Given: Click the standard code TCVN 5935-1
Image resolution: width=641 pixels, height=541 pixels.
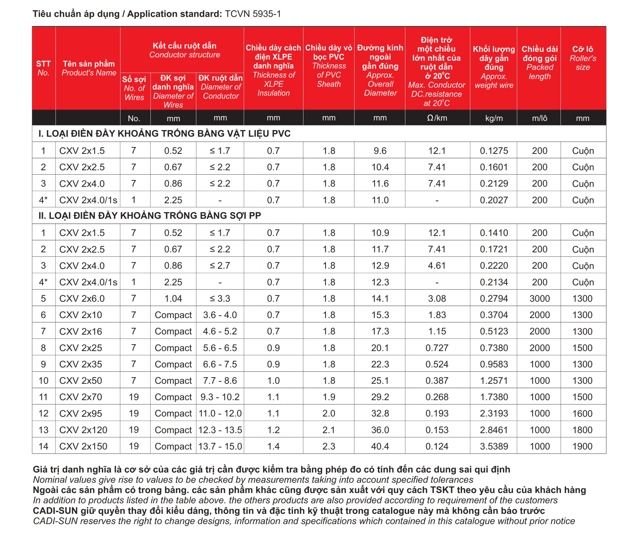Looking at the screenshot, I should click(252, 14).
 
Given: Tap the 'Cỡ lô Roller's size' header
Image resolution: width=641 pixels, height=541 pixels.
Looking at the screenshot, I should click(582, 58).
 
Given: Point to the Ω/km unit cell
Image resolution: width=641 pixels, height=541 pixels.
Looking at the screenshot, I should click(437, 118).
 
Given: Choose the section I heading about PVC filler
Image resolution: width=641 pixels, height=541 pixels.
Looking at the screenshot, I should click(164, 133).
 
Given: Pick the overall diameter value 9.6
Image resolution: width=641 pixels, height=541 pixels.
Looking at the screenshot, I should click(380, 151).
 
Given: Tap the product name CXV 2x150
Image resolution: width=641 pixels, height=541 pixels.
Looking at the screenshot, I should click(83, 446).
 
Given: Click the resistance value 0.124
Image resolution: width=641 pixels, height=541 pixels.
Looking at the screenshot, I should click(437, 446).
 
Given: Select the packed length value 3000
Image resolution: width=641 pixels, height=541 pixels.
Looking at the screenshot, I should click(539, 298).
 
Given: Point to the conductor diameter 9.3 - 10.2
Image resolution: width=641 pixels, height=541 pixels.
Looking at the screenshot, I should click(220, 397).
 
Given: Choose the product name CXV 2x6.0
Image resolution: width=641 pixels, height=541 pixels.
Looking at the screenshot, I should click(82, 298).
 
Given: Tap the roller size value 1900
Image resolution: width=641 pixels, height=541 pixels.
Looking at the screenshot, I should click(582, 446).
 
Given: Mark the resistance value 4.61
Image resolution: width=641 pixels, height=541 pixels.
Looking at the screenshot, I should click(437, 266).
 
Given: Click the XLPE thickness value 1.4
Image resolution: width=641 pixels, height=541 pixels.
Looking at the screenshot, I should click(273, 446).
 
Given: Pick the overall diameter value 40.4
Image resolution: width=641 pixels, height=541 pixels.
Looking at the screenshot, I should click(380, 446).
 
